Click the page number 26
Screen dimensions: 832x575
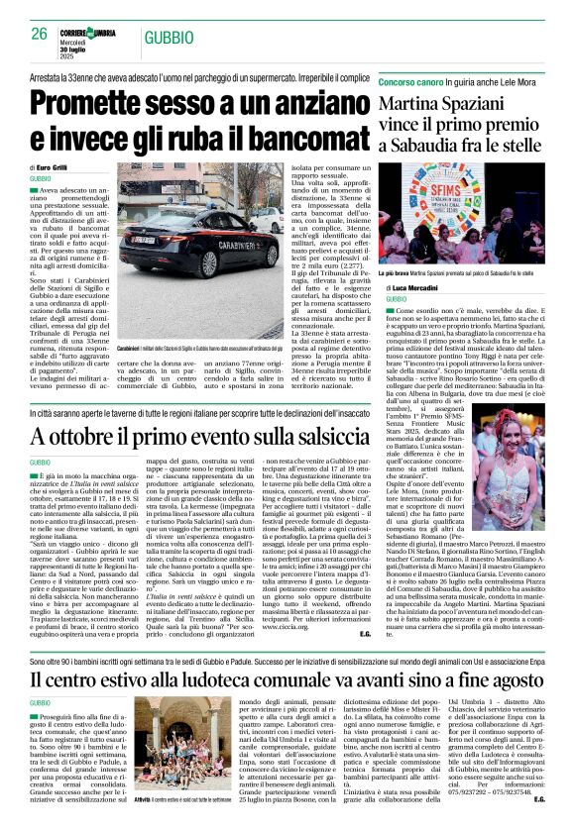click(x=40, y=34)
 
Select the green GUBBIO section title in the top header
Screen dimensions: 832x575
click(x=166, y=37)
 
